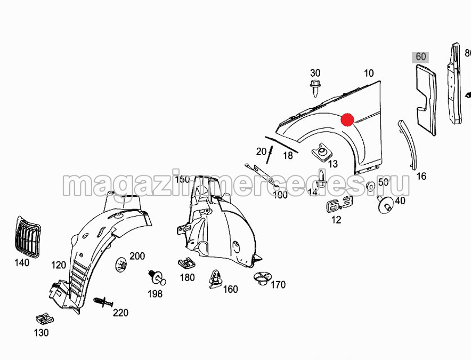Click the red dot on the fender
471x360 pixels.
pos(347,119)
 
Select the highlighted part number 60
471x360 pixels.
pos(420,57)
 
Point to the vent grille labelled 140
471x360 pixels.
pos(27,237)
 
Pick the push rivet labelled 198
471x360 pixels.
pos(157,277)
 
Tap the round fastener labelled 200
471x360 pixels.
pos(121,265)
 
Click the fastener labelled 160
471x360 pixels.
pos(216,279)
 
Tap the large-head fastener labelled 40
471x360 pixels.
pos(385,205)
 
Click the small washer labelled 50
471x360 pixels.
pos(371,186)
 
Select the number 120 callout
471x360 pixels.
pos(59,265)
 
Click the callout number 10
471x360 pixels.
pos(369,73)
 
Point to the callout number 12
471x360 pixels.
pos(336,220)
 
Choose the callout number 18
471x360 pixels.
pos(288,156)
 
